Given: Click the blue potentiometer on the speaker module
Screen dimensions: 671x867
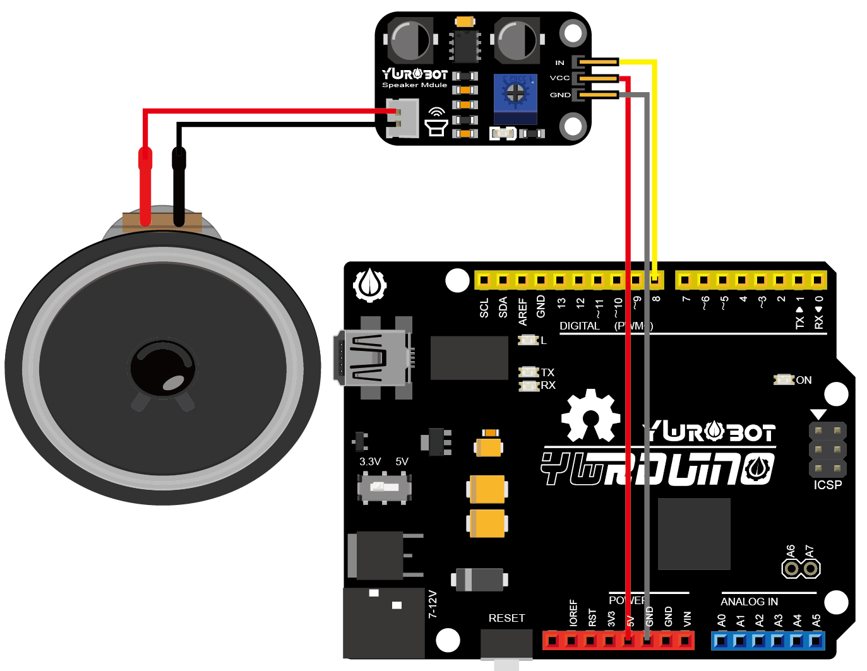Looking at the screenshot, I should coord(515,94).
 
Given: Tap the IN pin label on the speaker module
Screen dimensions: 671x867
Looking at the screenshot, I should coord(559,62).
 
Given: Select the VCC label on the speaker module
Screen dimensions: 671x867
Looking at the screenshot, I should coord(559,78).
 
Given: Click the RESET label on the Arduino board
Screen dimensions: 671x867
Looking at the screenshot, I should coord(506,618).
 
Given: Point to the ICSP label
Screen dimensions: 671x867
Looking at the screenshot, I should coord(827,485).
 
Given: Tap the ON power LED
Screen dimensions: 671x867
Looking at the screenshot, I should coord(784,379).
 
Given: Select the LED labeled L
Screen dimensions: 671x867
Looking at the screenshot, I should coord(527,340).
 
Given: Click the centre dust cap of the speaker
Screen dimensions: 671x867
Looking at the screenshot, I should coord(162,368).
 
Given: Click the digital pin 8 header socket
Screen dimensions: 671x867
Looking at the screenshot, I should coord(656,280).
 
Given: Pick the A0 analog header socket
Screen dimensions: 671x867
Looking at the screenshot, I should coord(721,641).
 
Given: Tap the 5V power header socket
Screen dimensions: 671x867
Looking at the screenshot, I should coord(628,641).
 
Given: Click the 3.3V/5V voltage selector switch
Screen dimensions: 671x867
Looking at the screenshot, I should coord(384,487).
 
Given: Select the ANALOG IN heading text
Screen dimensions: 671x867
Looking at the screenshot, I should coord(749,602).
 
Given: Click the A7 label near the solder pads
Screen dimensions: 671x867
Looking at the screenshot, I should coord(810,552).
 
